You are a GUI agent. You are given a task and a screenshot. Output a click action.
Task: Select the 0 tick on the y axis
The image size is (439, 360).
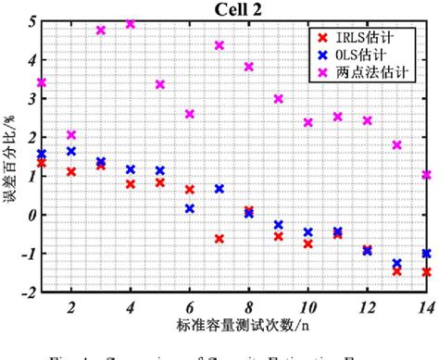[x=31, y=215]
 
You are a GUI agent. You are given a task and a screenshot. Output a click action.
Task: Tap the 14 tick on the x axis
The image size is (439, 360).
[x=425, y=306]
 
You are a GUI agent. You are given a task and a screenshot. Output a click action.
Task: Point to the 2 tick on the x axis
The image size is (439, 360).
[x=71, y=306]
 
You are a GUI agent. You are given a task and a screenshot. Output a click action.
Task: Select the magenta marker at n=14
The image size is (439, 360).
[x=427, y=174]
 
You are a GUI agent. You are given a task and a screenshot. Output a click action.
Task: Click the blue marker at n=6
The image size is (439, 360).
[x=190, y=208]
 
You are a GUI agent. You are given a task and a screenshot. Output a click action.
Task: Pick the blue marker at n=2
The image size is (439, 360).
[x=71, y=151]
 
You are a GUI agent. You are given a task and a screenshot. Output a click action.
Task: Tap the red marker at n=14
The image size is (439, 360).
[x=427, y=272]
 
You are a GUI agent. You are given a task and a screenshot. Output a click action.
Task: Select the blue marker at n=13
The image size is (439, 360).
[x=397, y=263]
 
